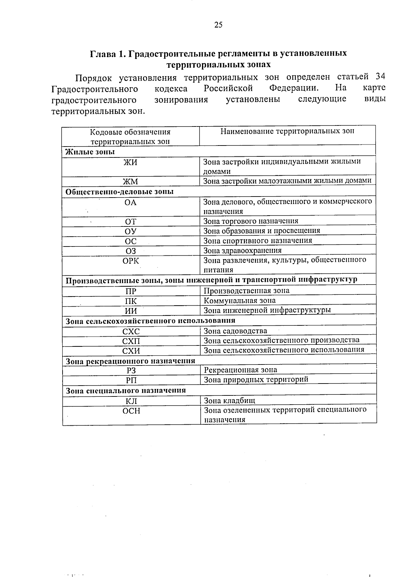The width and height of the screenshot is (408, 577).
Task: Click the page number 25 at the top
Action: [218, 24]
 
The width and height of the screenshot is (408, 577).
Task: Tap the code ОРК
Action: [131, 261]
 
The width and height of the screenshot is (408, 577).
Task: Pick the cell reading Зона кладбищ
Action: [229, 401]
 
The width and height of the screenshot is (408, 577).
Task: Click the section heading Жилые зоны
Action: [90, 152]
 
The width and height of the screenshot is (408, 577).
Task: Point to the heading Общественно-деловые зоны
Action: [119, 192]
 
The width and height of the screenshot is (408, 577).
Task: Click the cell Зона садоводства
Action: [235, 331]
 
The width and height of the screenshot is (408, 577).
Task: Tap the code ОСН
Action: [131, 411]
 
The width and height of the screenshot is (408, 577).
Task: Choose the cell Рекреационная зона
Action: [240, 370]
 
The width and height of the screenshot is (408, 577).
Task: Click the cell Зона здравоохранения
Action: [242, 251]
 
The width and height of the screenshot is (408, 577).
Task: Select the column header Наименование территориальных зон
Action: [287, 131]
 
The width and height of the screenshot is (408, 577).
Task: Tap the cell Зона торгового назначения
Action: [251, 221]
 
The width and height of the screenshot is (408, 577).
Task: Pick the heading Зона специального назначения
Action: [126, 390]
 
